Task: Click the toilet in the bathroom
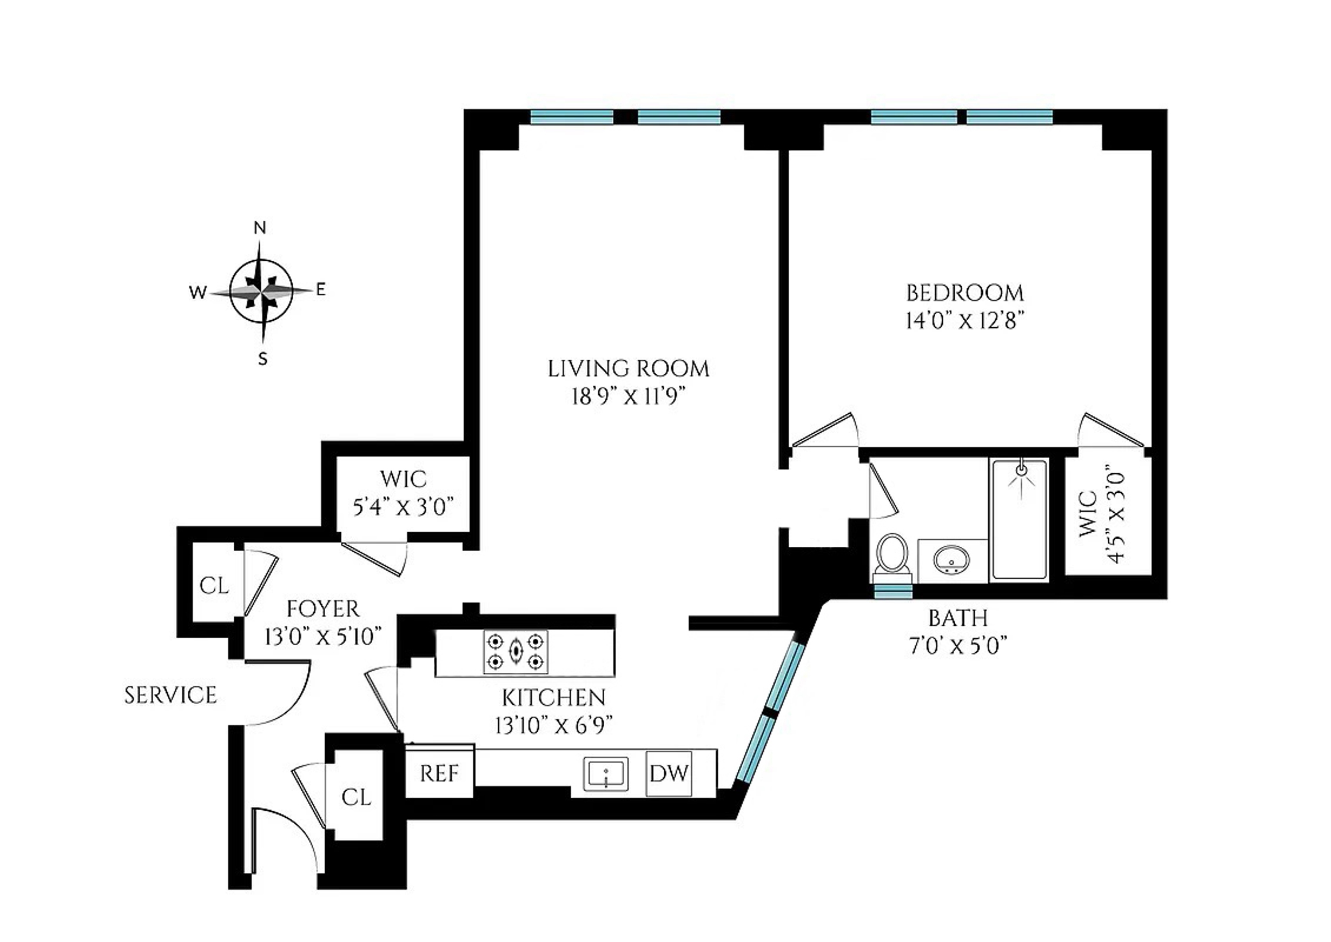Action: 892,556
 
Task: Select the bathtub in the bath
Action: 1020,520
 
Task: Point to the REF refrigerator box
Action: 439,773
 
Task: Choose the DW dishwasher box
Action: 669,773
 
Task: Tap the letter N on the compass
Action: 260,228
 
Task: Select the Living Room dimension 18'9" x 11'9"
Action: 628,397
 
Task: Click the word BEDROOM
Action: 965,293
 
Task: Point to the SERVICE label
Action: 170,695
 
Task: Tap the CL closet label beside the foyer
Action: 214,586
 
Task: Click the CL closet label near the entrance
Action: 356,797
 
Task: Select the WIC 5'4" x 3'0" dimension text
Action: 403,507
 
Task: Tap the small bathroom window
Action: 893,591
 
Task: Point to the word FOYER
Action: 323,609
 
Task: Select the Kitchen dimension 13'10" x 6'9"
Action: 554,725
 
